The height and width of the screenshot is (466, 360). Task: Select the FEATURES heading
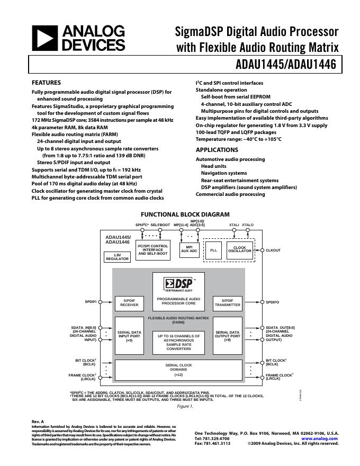pyautogui.click(x=46, y=83)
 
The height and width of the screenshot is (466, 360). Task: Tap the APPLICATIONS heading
pyautogui.click(x=217, y=150)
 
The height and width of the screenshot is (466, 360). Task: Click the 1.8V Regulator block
pyautogui.click(x=118, y=257)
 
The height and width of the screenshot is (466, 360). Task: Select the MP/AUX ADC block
pyautogui.click(x=189, y=249)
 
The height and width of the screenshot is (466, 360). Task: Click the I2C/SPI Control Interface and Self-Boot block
pyautogui.click(x=152, y=249)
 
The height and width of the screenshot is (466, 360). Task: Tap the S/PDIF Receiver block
pyautogui.click(x=129, y=302)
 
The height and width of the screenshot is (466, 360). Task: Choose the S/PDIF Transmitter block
pyautogui.click(x=228, y=302)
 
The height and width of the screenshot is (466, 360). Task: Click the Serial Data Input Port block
pyautogui.click(x=129, y=336)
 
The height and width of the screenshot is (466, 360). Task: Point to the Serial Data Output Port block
pyautogui.click(x=228, y=336)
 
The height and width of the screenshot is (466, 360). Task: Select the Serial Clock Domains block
pyautogui.click(x=178, y=370)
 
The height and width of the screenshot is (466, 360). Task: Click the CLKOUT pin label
pyautogui.click(x=273, y=250)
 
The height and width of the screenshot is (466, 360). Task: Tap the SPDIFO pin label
pyautogui.click(x=273, y=302)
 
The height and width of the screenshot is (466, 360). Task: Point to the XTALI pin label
pyautogui.click(x=235, y=225)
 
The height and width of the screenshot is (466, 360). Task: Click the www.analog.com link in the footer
pyautogui.click(x=320, y=438)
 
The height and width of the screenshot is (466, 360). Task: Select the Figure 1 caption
pyautogui.click(x=185, y=406)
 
